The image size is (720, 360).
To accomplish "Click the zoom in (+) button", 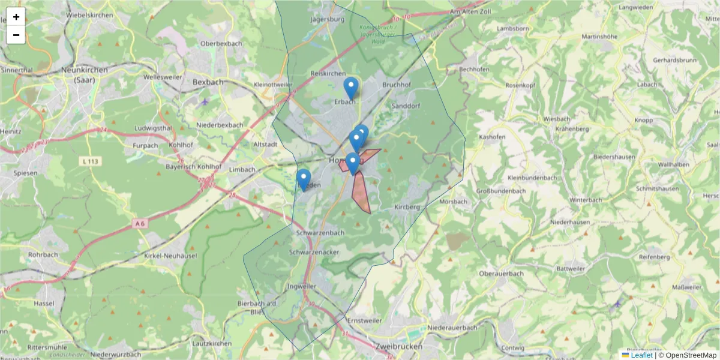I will click(x=16, y=17).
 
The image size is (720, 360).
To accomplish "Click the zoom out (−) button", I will click(x=16, y=35).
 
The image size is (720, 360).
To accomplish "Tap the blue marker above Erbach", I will click(x=351, y=88).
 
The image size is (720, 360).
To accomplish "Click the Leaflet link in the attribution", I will click(x=641, y=355).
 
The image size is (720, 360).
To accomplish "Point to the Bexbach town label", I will click(x=208, y=82).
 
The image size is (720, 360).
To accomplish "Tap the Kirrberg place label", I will click(x=407, y=206).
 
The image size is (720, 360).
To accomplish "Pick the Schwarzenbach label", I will click(x=320, y=233).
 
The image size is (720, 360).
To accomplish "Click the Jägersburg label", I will click(x=328, y=19).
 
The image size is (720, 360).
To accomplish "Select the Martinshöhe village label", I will click(x=599, y=37).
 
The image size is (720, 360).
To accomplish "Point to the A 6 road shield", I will click(x=140, y=223).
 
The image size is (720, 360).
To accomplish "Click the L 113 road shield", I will click(x=91, y=161).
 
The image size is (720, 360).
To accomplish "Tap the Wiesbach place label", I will click(x=556, y=119).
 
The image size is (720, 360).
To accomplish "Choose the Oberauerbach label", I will click(x=501, y=274).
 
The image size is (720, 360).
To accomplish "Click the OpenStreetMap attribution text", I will click(x=691, y=355).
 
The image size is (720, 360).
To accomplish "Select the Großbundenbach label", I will click(x=501, y=191).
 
